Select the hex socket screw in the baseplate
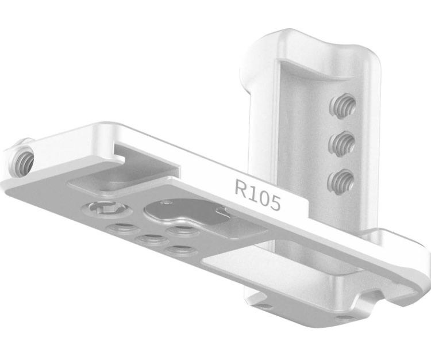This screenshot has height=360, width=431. [x=99, y=209]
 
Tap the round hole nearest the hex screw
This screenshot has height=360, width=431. [x=119, y=228]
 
